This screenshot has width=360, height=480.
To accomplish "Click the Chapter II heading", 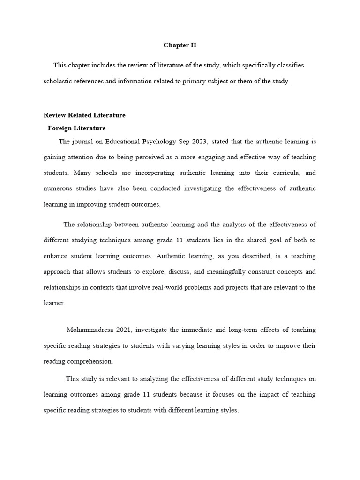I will pos(180,45).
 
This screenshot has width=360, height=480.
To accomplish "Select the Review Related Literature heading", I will pos(84,115).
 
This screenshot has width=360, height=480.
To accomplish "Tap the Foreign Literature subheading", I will pos(76,128).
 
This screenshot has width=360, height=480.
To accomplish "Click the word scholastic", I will pos(59,81).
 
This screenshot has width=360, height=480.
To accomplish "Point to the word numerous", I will pos(58,188).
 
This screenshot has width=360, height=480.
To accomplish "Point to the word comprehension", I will pos(91,361).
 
